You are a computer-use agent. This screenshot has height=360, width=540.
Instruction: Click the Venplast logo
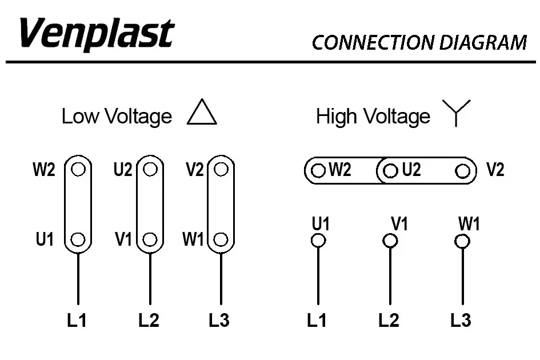[x=96, y=34]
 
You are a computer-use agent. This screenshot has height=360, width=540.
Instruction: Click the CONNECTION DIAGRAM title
[x=419, y=43]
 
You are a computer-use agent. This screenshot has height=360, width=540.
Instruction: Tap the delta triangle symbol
[x=202, y=113]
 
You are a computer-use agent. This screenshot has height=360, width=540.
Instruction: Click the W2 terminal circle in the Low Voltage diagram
[x=79, y=170]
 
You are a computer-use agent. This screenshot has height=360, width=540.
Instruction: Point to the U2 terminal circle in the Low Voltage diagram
[x=150, y=170]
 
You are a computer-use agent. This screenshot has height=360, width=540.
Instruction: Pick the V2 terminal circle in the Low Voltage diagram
[x=222, y=170]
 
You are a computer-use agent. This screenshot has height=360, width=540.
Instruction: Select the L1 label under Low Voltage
[x=77, y=321]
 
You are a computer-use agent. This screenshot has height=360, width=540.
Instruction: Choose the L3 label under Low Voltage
[x=219, y=321]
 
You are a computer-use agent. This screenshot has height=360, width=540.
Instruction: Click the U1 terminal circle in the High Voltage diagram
[x=318, y=241]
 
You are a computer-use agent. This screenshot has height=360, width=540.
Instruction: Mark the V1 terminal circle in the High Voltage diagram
[x=390, y=241]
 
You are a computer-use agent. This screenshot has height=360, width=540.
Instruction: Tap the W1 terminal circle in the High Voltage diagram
[x=462, y=241]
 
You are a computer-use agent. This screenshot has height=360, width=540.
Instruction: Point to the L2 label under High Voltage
[x=389, y=321]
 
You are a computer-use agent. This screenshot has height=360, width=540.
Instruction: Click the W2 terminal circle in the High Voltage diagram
[x=318, y=170]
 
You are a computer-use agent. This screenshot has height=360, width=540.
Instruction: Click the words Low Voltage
[x=117, y=117]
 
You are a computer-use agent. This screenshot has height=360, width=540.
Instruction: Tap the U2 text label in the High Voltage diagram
[x=411, y=170]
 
